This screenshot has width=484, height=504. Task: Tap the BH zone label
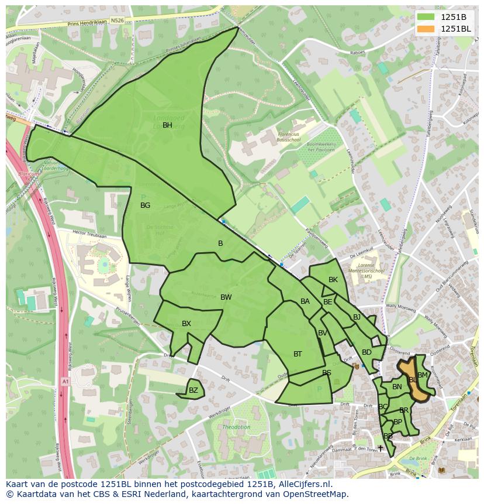pos(167,125)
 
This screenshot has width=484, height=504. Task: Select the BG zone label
pos(146,205)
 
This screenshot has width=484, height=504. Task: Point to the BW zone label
pos(226,297)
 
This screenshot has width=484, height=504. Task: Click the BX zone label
pos(186,324)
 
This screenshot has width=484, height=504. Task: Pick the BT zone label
pos(298,354)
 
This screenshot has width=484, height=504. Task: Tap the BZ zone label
pos(193,390)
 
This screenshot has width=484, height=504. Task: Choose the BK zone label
pos(333,280)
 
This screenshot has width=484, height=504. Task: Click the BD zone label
pos(367,352)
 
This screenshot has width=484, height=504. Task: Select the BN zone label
pos(397,387)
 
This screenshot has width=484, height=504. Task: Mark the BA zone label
pos(305,301)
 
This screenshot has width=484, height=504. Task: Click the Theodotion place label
pos(236,427)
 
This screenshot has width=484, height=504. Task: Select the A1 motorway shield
pos(65,382)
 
